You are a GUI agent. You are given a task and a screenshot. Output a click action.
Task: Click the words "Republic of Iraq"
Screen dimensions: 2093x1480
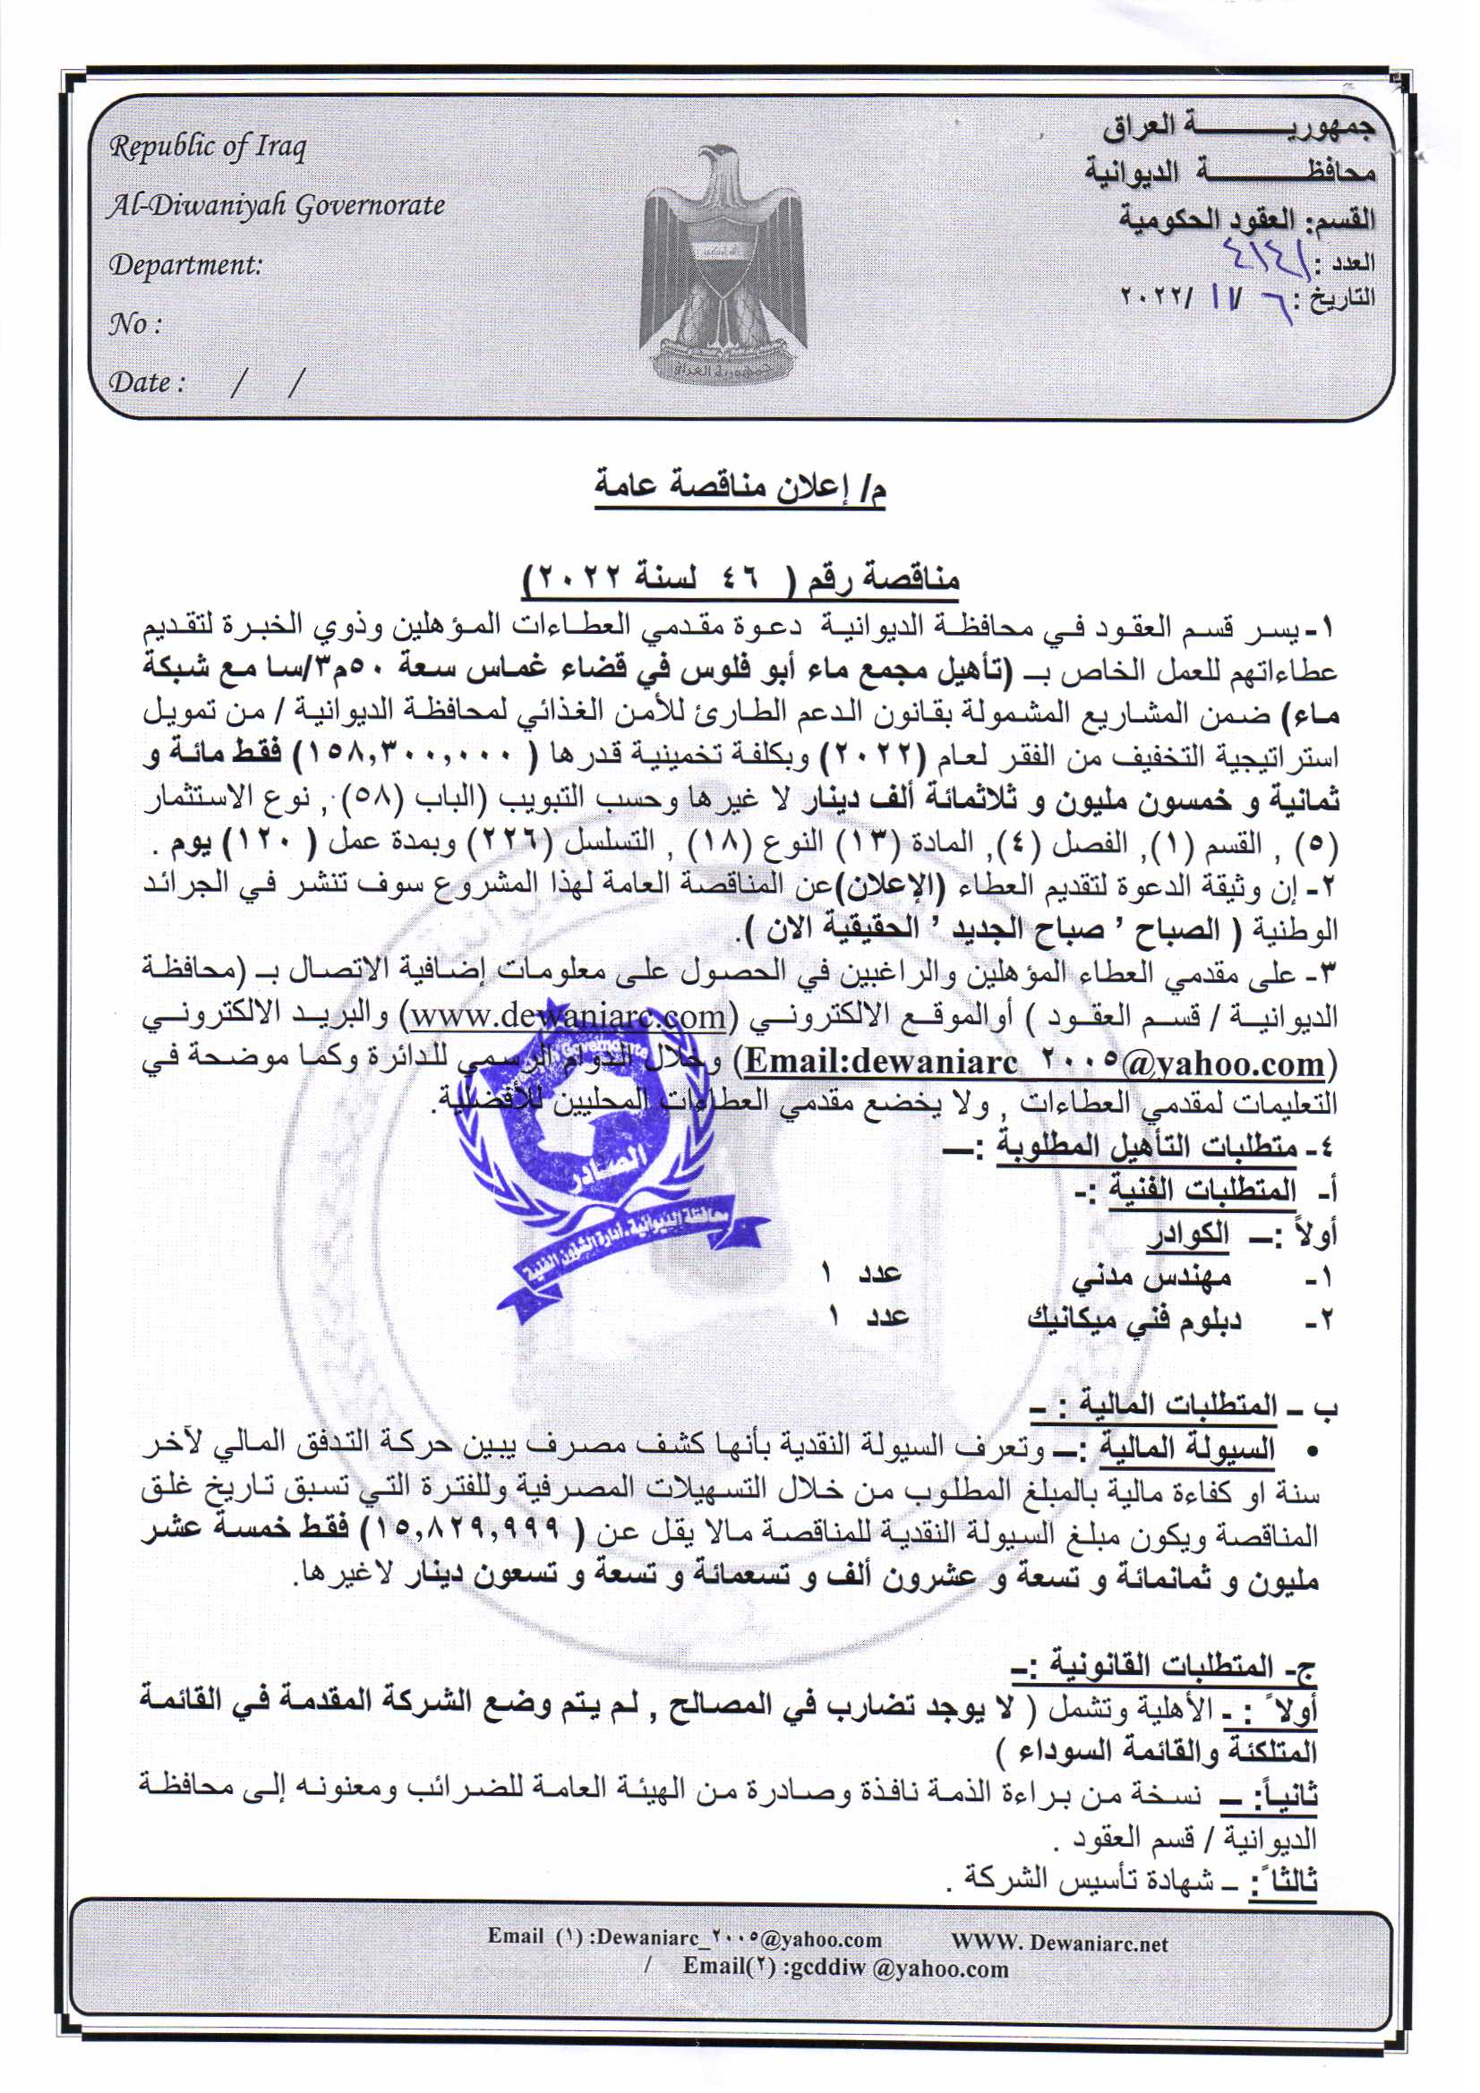tap(208, 147)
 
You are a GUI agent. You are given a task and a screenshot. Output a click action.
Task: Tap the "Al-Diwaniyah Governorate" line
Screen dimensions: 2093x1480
tap(277, 206)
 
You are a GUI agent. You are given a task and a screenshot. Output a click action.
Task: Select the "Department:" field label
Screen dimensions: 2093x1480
tap(185, 265)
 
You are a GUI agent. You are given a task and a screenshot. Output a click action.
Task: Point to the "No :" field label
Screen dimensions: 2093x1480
tap(136, 323)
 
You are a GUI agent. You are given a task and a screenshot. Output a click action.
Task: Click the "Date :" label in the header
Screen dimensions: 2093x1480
tap(147, 382)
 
